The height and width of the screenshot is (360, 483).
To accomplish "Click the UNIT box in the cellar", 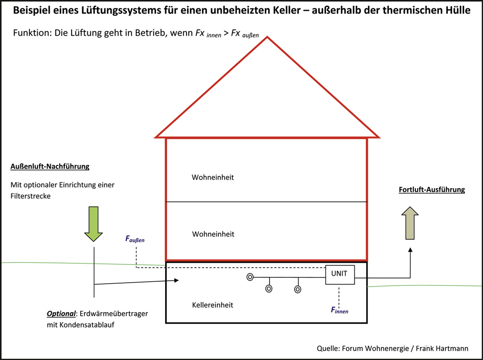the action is click(340, 274).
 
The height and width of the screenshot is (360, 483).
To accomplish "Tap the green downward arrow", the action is click(93, 224).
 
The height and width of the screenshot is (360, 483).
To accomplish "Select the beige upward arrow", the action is click(410, 223).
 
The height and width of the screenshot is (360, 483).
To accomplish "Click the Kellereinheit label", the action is click(213, 305).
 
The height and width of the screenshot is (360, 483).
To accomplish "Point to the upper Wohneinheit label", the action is click(213, 177).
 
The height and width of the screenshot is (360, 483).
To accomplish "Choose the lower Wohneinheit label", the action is click(213, 234).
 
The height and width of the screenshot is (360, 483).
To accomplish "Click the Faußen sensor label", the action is click(135, 239).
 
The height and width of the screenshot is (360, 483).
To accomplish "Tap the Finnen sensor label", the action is click(340, 310).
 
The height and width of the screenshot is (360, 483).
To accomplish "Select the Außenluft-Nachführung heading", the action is click(50, 166).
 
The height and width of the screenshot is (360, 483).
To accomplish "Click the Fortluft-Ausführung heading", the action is click(432, 189).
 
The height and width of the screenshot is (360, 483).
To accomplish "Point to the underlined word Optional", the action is click(61, 314).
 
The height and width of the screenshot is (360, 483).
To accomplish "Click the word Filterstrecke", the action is click(30, 196).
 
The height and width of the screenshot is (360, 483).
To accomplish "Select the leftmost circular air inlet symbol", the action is click(250, 277).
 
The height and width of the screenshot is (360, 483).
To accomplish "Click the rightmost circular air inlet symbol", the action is click(298, 289).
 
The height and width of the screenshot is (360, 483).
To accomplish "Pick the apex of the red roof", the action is click(267, 37).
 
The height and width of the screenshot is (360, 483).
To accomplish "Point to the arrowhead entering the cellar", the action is click(176, 280).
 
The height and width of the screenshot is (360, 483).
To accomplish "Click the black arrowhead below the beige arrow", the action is click(410, 250).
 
